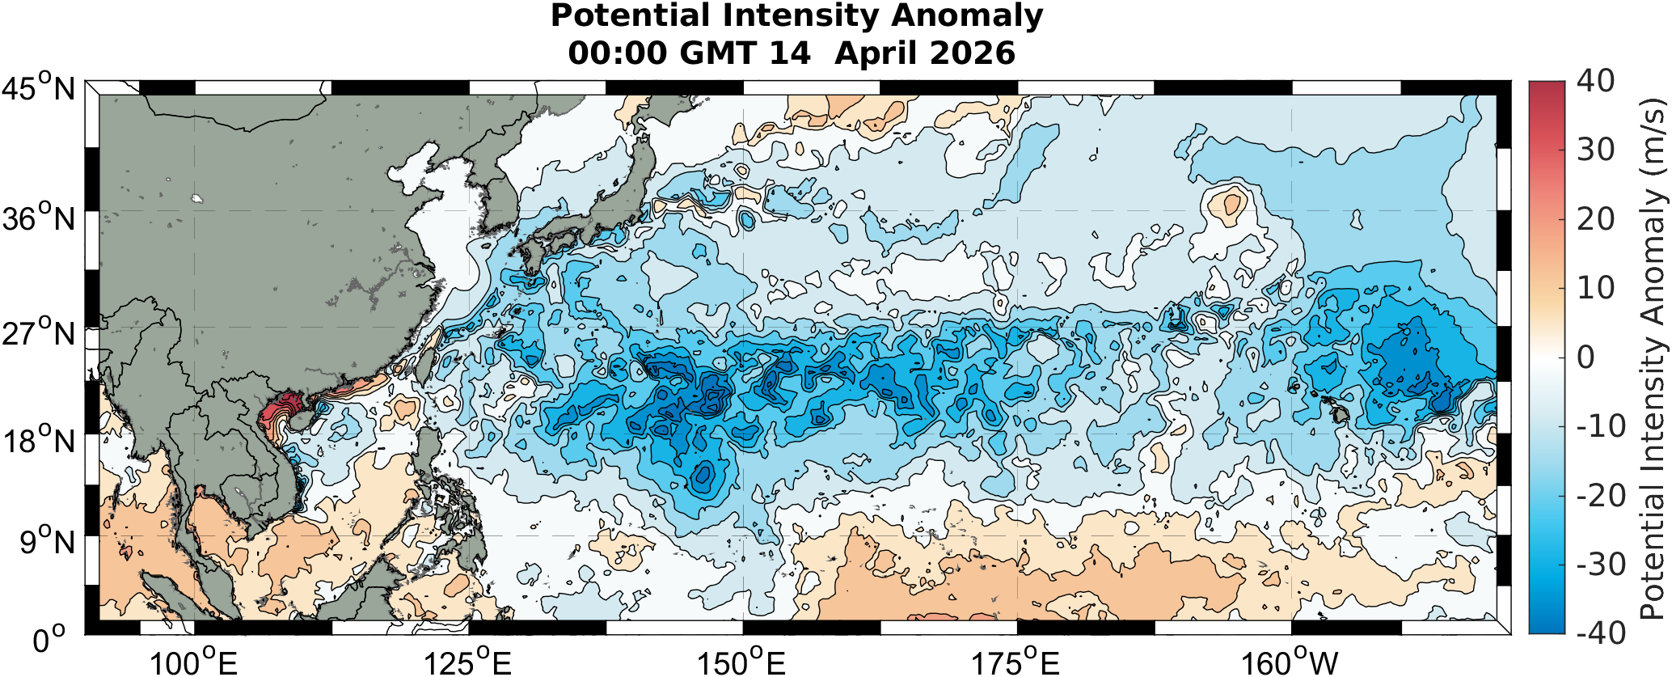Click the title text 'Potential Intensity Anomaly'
point(796,16)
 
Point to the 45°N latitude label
point(38,87)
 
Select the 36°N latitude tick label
point(38,218)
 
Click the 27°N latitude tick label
point(38,332)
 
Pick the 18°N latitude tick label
point(38,441)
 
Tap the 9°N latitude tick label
point(46,542)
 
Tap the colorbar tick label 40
point(1595,81)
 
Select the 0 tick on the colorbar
point(1586,357)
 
